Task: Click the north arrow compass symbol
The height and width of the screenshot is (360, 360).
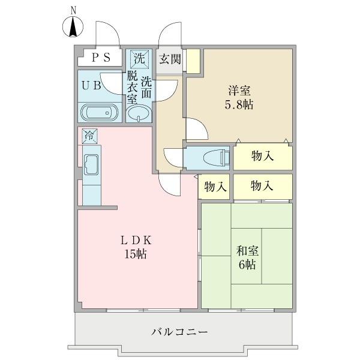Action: point(73,27)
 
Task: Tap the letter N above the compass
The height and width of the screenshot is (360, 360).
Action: point(73,9)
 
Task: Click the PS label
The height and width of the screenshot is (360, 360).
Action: point(101,58)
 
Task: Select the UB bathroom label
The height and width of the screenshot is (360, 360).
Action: point(91,85)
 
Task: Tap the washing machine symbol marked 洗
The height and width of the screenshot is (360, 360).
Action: point(139,59)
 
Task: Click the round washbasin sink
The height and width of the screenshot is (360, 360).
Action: point(140,113)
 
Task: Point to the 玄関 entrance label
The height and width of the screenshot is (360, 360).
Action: point(169,59)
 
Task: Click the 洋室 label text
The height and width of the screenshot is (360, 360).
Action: point(239,91)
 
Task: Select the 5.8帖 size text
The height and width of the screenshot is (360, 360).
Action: point(239,105)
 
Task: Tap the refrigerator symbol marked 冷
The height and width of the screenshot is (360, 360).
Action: point(89,136)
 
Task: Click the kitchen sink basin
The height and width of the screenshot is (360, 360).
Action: point(92,163)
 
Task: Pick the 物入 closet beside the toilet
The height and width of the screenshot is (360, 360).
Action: point(262,157)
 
